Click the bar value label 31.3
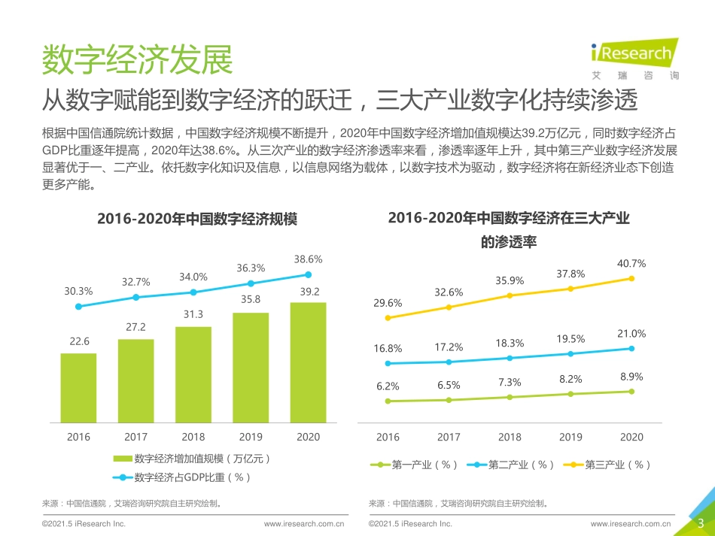pyautogui.click(x=193, y=313)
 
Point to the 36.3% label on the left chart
pyautogui.click(x=251, y=268)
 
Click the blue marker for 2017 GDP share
pyautogui.click(x=135, y=298)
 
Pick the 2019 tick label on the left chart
pyautogui.click(x=251, y=437)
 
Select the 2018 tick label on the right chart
pyautogui.click(x=510, y=437)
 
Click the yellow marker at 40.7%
pyautogui.click(x=631, y=278)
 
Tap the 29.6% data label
pyautogui.click(x=388, y=303)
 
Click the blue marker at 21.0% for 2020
pyautogui.click(x=631, y=348)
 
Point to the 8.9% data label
pyautogui.click(x=631, y=377)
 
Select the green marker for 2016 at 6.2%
pyautogui.click(x=388, y=401)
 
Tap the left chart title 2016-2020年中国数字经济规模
pyautogui.click(x=197, y=220)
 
